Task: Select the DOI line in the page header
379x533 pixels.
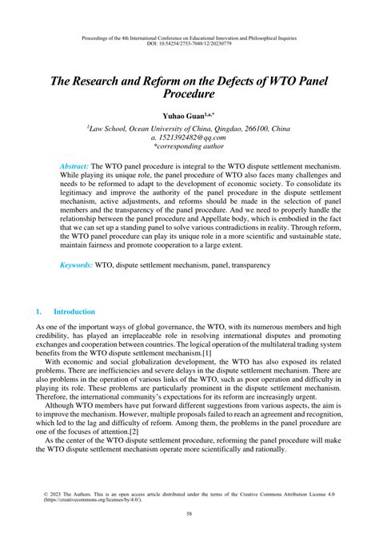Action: pos(189,45)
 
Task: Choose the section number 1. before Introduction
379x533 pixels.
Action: pos(39,311)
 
